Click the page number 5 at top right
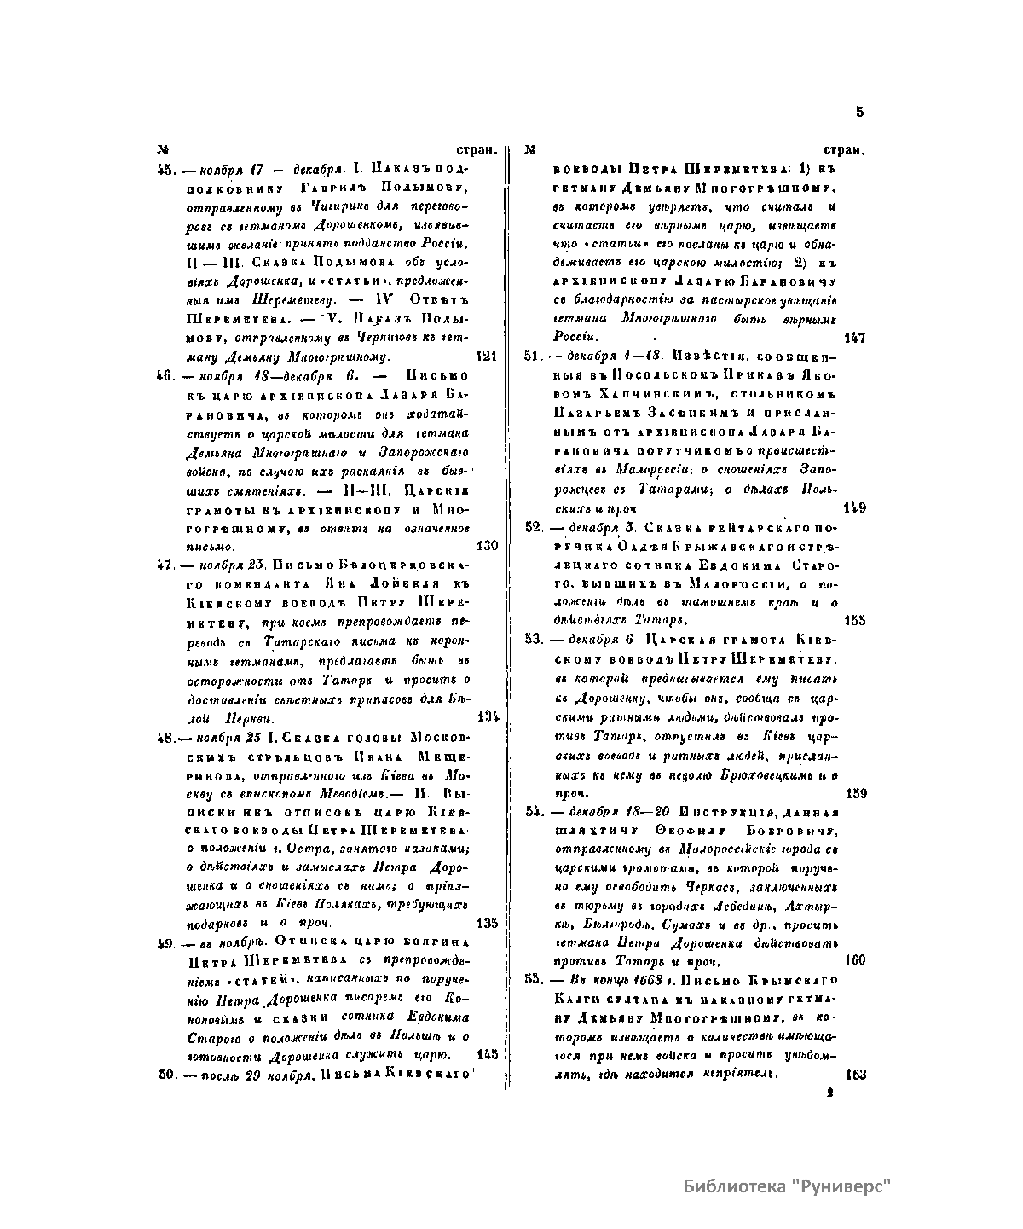[x=859, y=112]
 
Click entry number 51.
[x=533, y=356]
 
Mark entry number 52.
[x=534, y=527]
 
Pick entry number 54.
[x=534, y=810]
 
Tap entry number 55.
[x=534, y=979]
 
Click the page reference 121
[x=486, y=356]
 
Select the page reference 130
[x=486, y=545]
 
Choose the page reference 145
[x=488, y=1054]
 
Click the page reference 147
[x=854, y=338]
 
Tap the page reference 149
[x=854, y=508]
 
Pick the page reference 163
[x=855, y=1075]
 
